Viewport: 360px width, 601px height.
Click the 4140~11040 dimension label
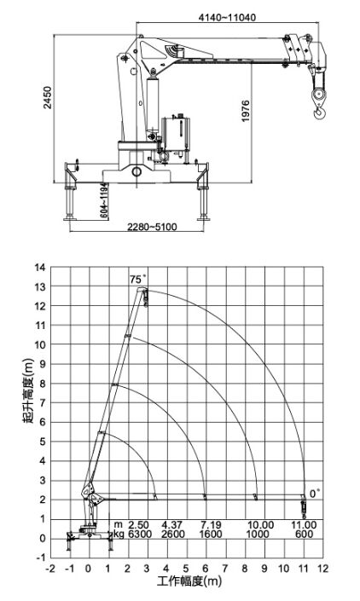point(227,17)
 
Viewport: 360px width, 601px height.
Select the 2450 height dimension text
point(48,98)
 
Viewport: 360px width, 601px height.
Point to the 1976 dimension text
point(246,111)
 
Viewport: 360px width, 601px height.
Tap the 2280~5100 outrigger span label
point(152,227)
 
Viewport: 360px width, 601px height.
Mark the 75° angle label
point(138,279)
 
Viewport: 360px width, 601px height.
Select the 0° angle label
point(315,494)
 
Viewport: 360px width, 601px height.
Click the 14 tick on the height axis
point(40,267)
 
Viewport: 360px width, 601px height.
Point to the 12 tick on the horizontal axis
point(322,568)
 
